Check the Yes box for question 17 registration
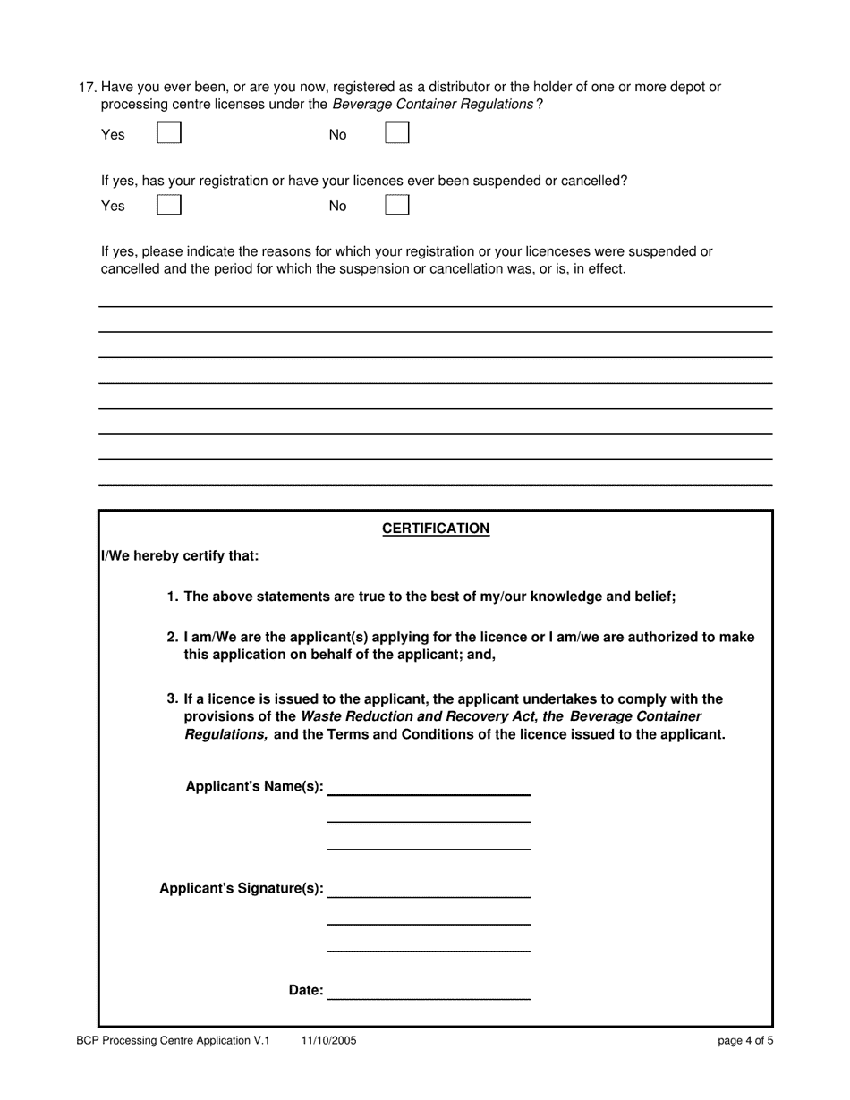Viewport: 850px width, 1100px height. pyautogui.click(x=169, y=133)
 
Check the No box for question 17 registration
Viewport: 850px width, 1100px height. pyautogui.click(x=397, y=133)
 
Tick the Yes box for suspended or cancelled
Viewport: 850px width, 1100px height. pyautogui.click(x=169, y=205)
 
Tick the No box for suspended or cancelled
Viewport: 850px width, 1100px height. pyautogui.click(x=397, y=205)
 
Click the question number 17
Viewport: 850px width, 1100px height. pyautogui.click(x=87, y=88)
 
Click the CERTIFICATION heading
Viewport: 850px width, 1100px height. pyautogui.click(x=436, y=529)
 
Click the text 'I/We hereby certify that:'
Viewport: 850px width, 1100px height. pyautogui.click(x=180, y=556)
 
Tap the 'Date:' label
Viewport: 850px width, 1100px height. pyautogui.click(x=305, y=991)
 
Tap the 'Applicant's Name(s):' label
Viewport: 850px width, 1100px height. pyautogui.click(x=254, y=787)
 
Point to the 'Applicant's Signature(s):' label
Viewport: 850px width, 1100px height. pyautogui.click(x=242, y=889)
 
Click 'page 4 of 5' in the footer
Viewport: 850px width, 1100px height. pyautogui.click(x=745, y=1041)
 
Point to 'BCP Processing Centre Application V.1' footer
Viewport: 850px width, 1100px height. pyautogui.click(x=173, y=1041)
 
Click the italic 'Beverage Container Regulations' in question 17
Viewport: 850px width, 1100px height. pyautogui.click(x=433, y=105)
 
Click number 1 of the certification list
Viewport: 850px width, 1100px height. pyautogui.click(x=172, y=597)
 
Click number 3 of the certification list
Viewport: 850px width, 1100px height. pyautogui.click(x=172, y=699)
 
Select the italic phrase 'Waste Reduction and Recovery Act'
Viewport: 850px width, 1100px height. pyautogui.click(x=419, y=717)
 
